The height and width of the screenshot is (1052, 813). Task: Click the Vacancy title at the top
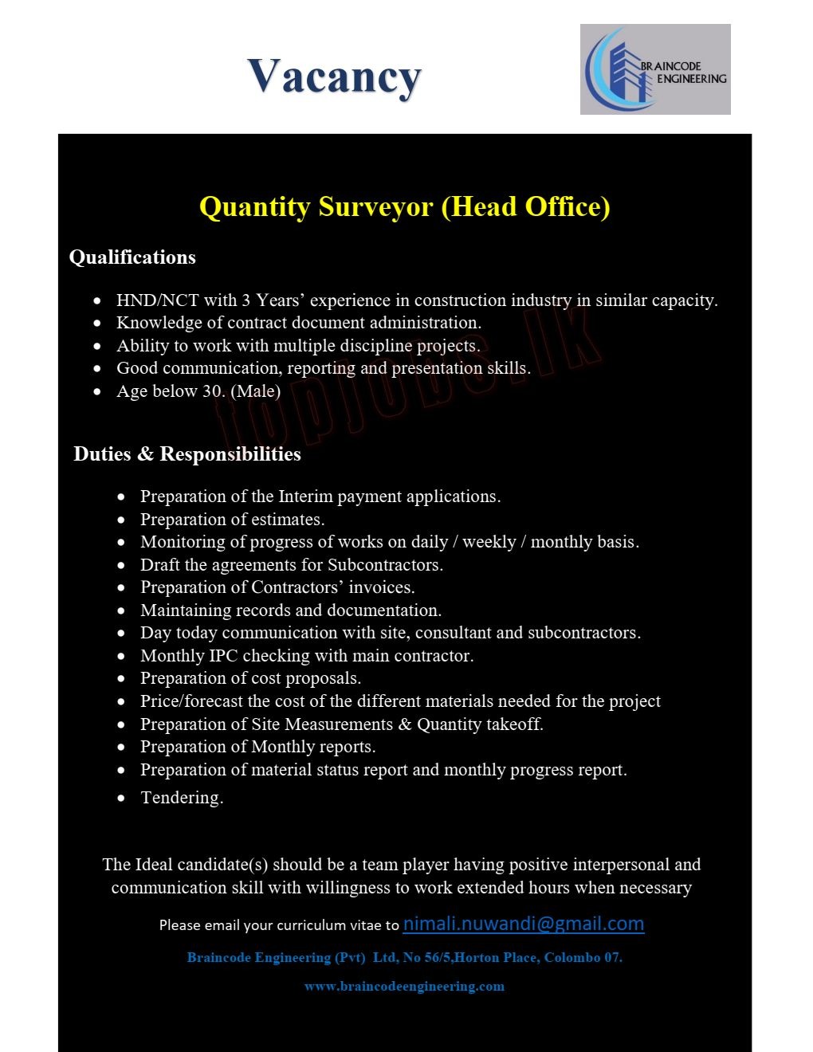tap(334, 78)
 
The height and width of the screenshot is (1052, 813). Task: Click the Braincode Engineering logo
tap(654, 69)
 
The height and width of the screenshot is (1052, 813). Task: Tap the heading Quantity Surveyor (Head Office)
tap(404, 206)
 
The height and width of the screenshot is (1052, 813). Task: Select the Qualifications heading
tap(132, 257)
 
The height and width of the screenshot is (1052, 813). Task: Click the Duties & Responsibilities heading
tap(187, 454)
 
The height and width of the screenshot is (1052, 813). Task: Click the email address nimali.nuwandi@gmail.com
tap(523, 924)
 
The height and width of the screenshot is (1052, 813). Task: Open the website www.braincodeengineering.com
tap(404, 987)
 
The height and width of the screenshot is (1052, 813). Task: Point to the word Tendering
tap(182, 798)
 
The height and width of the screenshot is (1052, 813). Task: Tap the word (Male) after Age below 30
tap(255, 391)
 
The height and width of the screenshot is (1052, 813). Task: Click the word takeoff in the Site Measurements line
tap(513, 724)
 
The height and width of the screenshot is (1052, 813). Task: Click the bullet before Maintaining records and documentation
tap(121, 611)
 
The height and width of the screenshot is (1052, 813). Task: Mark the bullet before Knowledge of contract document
tap(97, 324)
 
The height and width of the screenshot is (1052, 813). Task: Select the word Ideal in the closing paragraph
tap(154, 865)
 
